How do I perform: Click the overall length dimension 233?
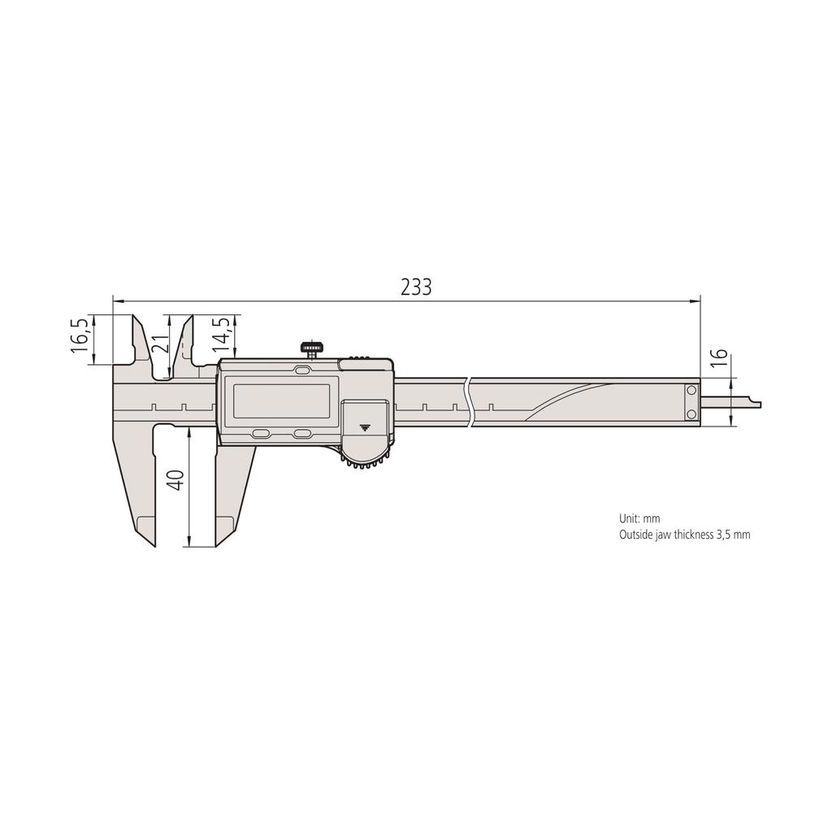coord(415,287)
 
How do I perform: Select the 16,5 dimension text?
coord(80,335)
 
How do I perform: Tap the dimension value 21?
coord(161,344)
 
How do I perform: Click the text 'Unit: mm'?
coord(639,518)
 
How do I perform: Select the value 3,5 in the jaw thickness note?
coord(725,535)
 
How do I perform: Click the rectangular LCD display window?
coord(281,400)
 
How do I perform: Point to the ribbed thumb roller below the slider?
coord(365,464)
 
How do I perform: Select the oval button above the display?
coord(302,370)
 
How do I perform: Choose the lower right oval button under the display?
coord(302,434)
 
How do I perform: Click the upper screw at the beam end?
coord(691,391)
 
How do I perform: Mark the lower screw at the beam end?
coord(691,414)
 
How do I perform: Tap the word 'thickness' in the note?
coord(689,535)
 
